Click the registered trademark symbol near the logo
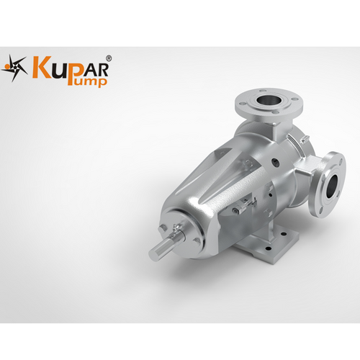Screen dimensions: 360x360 (109, 58)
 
